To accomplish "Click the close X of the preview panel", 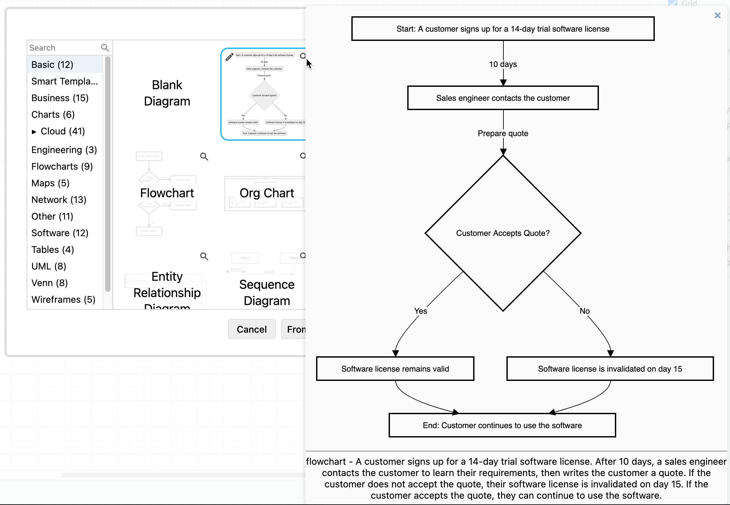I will (717, 15).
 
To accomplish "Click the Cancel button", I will (252, 329).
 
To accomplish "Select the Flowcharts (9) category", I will (62, 166).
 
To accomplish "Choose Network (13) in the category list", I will (59, 200).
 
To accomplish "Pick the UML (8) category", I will (49, 266).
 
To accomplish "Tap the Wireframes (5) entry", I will (63, 299).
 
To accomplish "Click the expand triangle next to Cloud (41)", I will (34, 132).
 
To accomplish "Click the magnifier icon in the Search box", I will (105, 48).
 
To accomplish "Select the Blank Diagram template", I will (167, 93).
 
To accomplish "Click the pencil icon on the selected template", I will (229, 57).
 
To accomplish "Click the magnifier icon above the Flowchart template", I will (204, 156).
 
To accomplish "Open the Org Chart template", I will (267, 193).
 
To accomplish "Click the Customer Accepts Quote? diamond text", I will (502, 233).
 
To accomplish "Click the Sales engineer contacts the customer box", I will (502, 98).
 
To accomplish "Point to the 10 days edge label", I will (502, 64).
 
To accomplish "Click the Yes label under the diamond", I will (420, 311).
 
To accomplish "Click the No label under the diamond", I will (584, 311).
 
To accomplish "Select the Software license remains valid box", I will (395, 369).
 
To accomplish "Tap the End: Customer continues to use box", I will (502, 425).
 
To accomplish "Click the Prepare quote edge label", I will (502, 133).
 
